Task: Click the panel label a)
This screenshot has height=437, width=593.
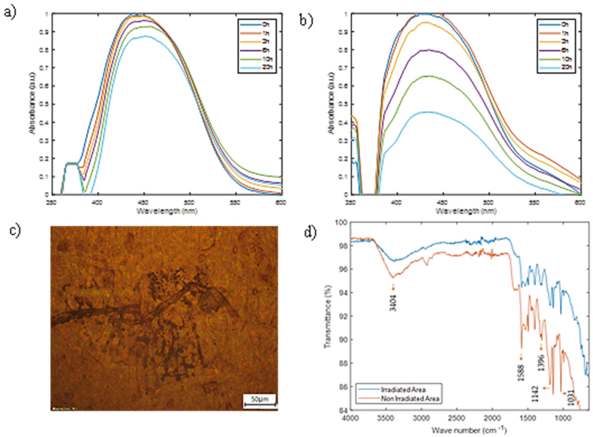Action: pos(10,13)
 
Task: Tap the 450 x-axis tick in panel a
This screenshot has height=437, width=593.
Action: pos(144,203)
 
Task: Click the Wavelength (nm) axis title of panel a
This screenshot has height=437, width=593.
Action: pos(167,211)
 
